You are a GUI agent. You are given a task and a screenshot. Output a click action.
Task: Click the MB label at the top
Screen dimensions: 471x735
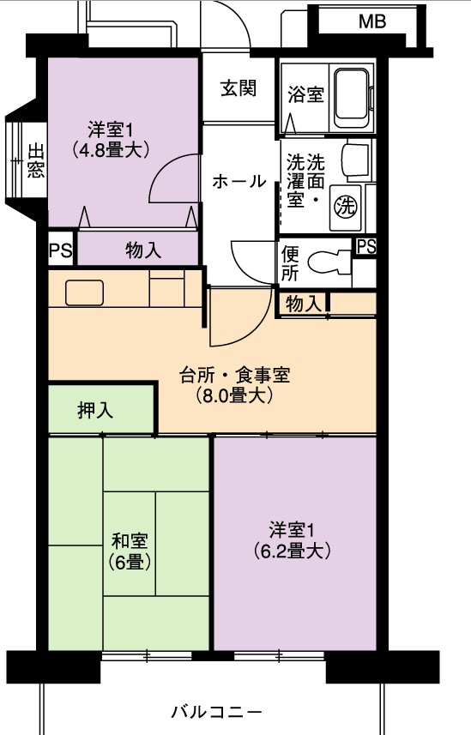tap(372, 21)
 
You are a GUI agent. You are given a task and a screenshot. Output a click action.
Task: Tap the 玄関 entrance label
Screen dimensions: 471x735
tap(239, 87)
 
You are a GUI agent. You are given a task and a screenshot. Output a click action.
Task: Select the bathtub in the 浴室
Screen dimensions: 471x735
tap(352, 94)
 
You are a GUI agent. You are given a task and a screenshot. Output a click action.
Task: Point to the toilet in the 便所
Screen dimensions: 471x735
tap(329, 262)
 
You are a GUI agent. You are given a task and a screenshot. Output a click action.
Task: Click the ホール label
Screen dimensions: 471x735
tap(239, 181)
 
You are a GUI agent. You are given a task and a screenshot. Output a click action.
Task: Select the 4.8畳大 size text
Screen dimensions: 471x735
tap(111, 150)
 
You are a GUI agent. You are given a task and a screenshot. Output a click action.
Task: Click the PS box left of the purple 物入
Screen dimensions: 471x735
tap(61, 250)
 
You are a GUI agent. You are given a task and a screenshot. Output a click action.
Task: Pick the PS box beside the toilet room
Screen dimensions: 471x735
tap(366, 246)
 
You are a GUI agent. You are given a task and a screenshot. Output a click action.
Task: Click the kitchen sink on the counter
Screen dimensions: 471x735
tap(84, 292)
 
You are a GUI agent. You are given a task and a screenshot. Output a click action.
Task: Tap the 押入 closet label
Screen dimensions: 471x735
tap(95, 411)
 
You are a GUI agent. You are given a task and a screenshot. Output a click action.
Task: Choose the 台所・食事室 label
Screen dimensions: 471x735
tap(234, 375)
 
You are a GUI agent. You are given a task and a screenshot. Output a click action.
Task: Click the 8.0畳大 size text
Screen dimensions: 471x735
tap(234, 396)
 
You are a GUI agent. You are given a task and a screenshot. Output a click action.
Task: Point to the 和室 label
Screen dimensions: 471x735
tap(130, 541)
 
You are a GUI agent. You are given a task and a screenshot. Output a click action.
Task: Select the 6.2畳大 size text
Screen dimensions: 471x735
tap(293, 551)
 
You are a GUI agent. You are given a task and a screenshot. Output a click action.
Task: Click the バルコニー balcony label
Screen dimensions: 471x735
tap(216, 713)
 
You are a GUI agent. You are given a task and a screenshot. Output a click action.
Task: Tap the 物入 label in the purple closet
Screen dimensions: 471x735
tap(143, 250)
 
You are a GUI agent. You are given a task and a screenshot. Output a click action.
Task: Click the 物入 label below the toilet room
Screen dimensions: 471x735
tap(304, 304)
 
